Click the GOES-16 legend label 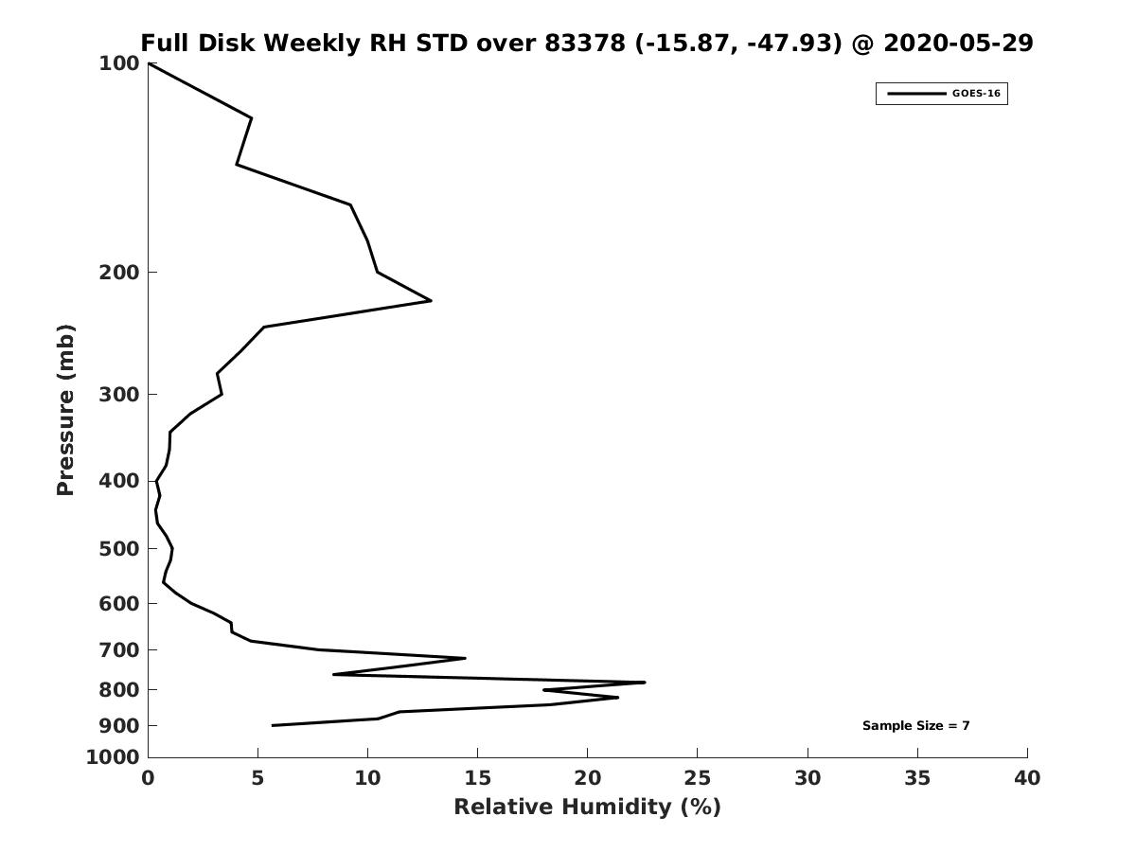pos(976,94)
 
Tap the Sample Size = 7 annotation pos(915,725)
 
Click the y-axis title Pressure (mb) pos(65,410)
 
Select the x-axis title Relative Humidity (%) pos(588,807)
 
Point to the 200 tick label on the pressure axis pos(119,272)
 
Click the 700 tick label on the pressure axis pos(119,649)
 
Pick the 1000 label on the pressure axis pos(113,757)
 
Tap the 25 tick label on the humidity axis pos(697,778)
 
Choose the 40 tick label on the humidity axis pos(1027,778)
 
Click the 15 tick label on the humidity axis pos(477,778)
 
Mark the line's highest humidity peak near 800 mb pos(645,683)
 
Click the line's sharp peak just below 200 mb pos(431,300)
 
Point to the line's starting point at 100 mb pos(149,63)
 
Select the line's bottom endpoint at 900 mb pos(273,725)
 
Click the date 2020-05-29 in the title pos(958,43)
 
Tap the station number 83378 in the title pos(585,43)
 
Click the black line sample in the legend pos(916,94)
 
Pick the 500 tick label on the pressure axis pos(119,548)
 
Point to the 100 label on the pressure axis pos(119,63)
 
